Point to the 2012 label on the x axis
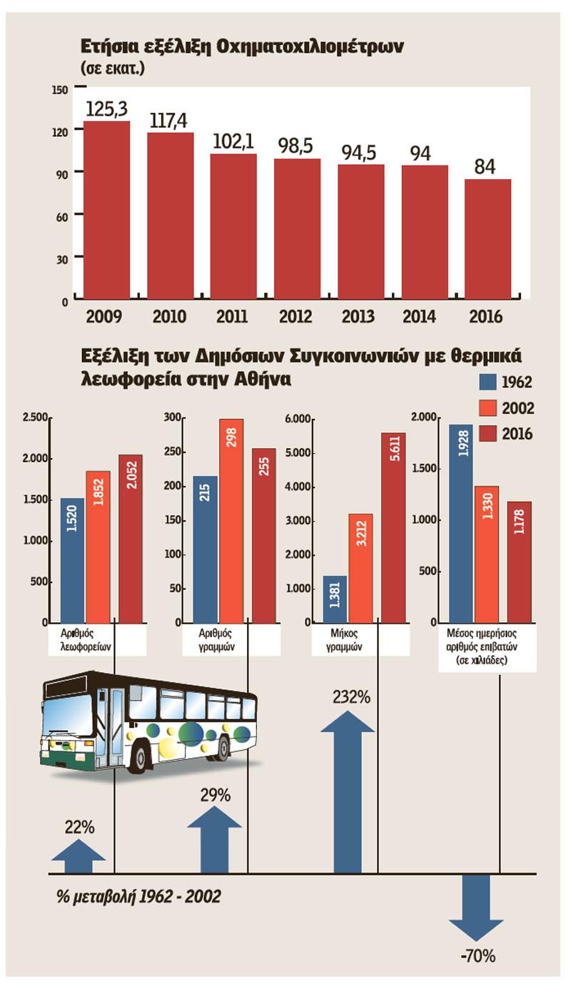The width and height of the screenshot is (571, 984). [297, 316]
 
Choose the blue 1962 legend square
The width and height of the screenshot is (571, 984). [487, 381]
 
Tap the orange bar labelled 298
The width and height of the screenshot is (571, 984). [231, 521]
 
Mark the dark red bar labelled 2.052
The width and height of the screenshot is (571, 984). [130, 539]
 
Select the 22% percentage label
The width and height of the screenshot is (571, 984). [79, 828]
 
